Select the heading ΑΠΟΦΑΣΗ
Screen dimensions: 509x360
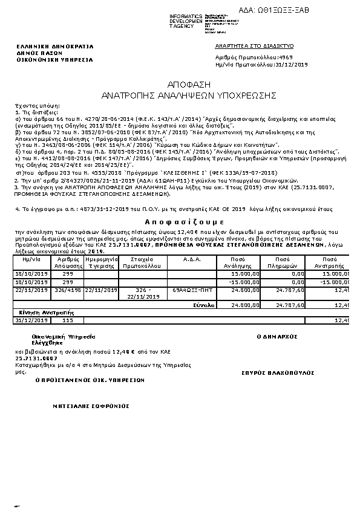click(180, 85)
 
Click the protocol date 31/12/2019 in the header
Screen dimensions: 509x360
click(293, 64)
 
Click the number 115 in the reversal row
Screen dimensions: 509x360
click(68, 320)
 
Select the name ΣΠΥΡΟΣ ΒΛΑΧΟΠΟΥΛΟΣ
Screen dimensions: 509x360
click(278, 373)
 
